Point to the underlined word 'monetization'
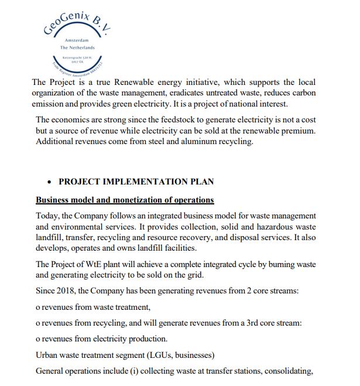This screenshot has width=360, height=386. point(133,200)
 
